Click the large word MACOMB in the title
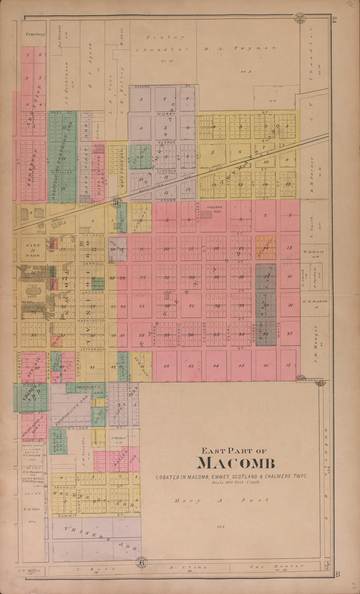(x=236, y=463)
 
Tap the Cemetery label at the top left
(x=35, y=34)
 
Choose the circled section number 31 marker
(x=117, y=203)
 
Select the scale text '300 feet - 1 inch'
(x=236, y=482)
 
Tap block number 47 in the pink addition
(x=288, y=365)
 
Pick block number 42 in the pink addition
(x=166, y=366)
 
